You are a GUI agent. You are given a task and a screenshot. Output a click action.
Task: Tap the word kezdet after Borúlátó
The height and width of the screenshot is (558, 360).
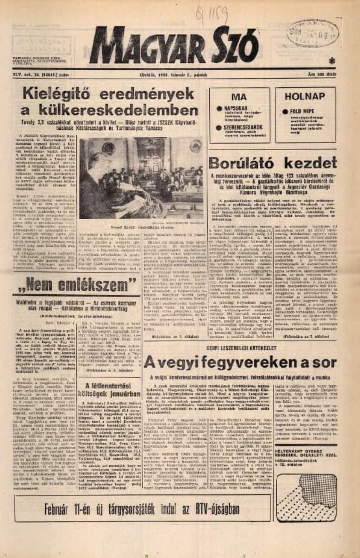(x=305, y=163)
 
